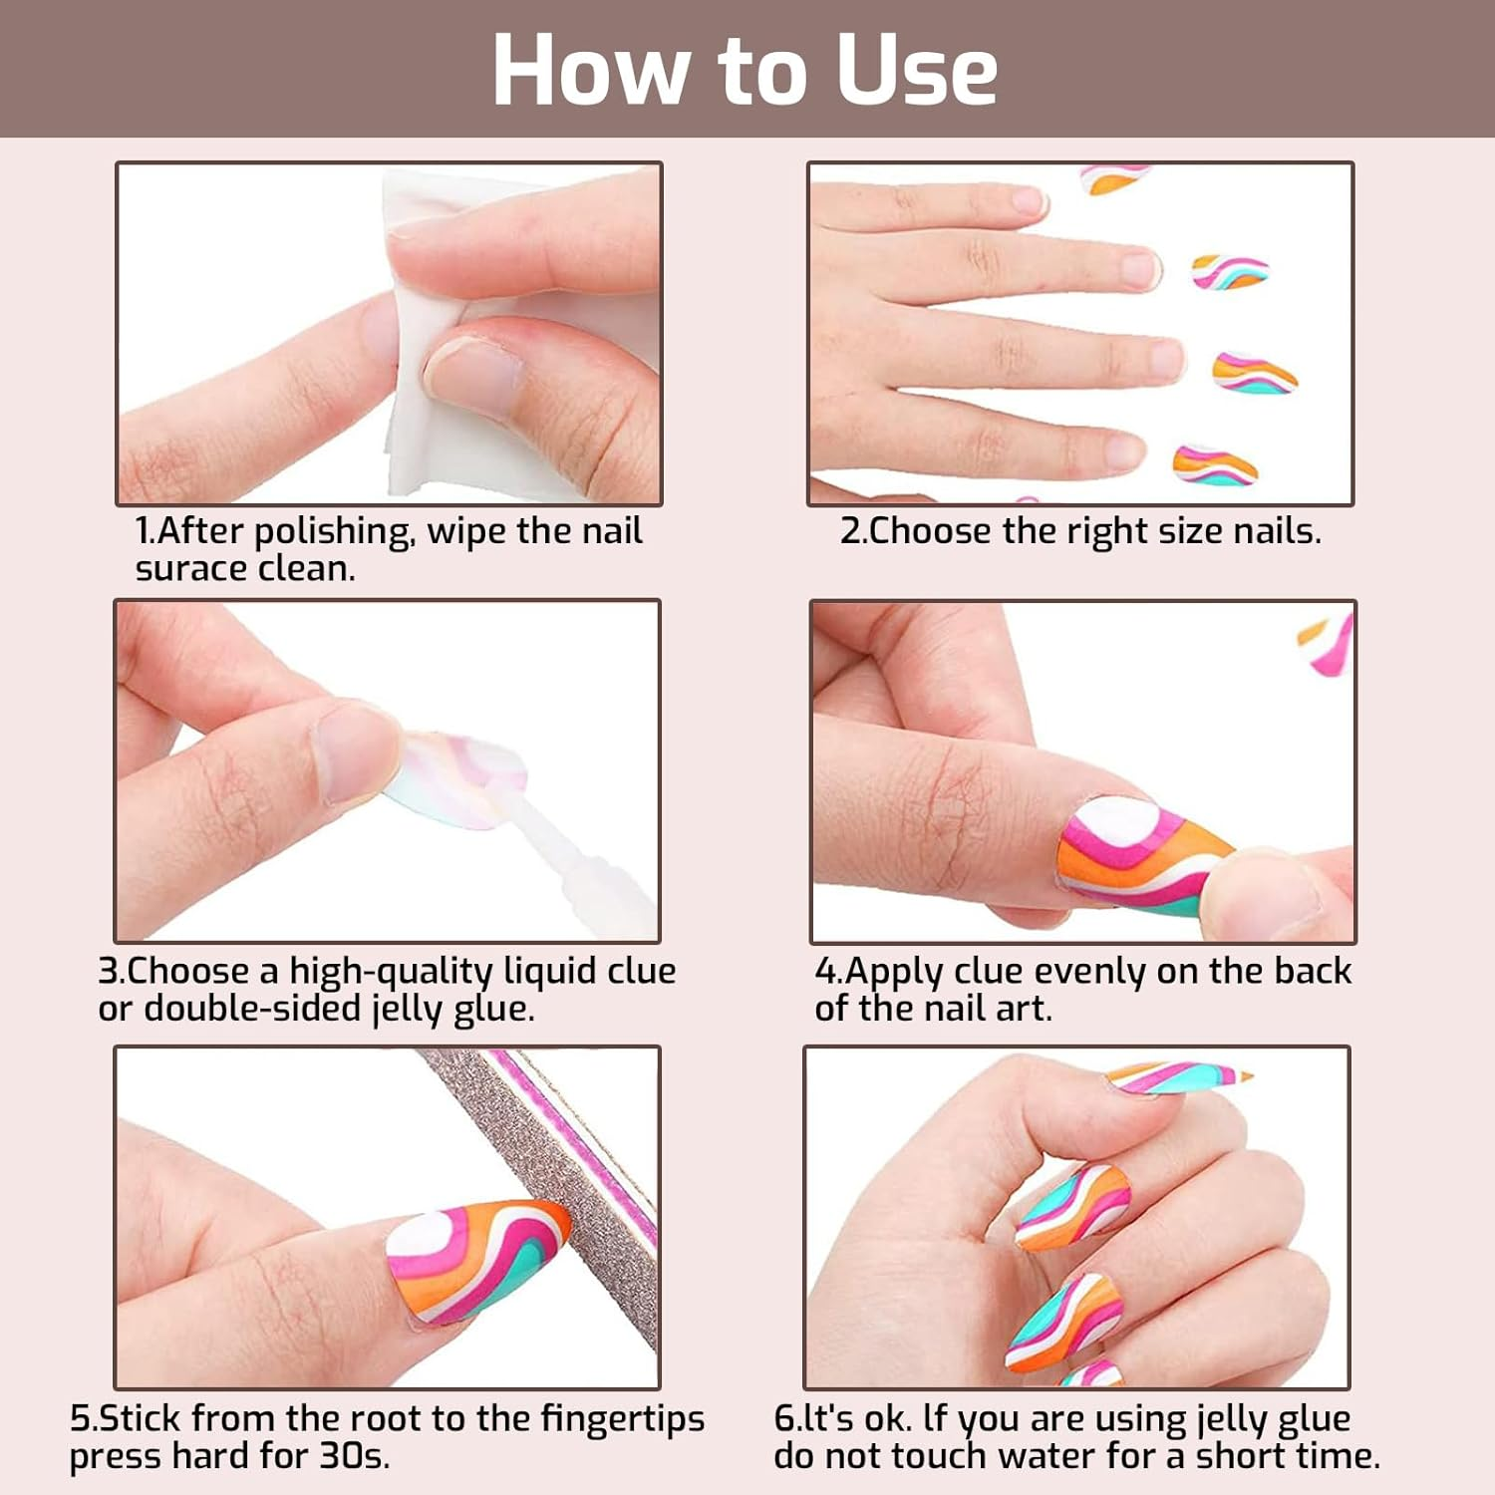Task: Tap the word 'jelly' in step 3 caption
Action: click(x=408, y=1009)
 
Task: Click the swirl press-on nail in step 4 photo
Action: click(x=1136, y=857)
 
